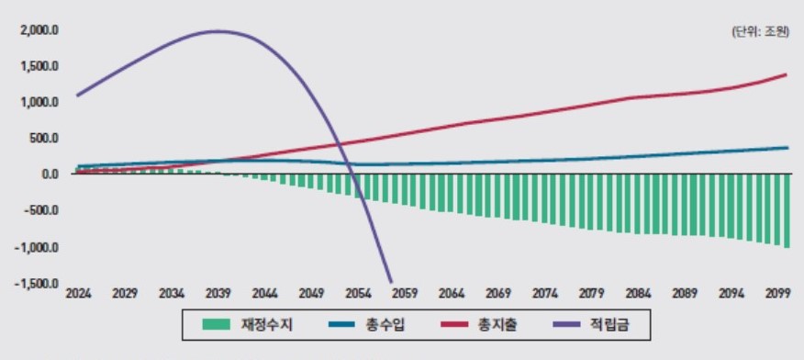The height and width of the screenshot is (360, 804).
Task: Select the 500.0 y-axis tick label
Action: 43,139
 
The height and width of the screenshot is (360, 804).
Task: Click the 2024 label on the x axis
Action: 77,294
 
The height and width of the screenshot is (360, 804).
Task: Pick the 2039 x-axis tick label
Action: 218,294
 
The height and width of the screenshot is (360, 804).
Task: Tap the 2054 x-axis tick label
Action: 357,294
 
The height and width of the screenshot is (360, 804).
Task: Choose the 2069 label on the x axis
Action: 497,294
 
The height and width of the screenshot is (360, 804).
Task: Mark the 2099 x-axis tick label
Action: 777,294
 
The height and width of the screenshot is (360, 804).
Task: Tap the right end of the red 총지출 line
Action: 787,74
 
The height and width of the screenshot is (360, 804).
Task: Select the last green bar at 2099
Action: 787,210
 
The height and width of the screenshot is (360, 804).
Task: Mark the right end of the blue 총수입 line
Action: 787,148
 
